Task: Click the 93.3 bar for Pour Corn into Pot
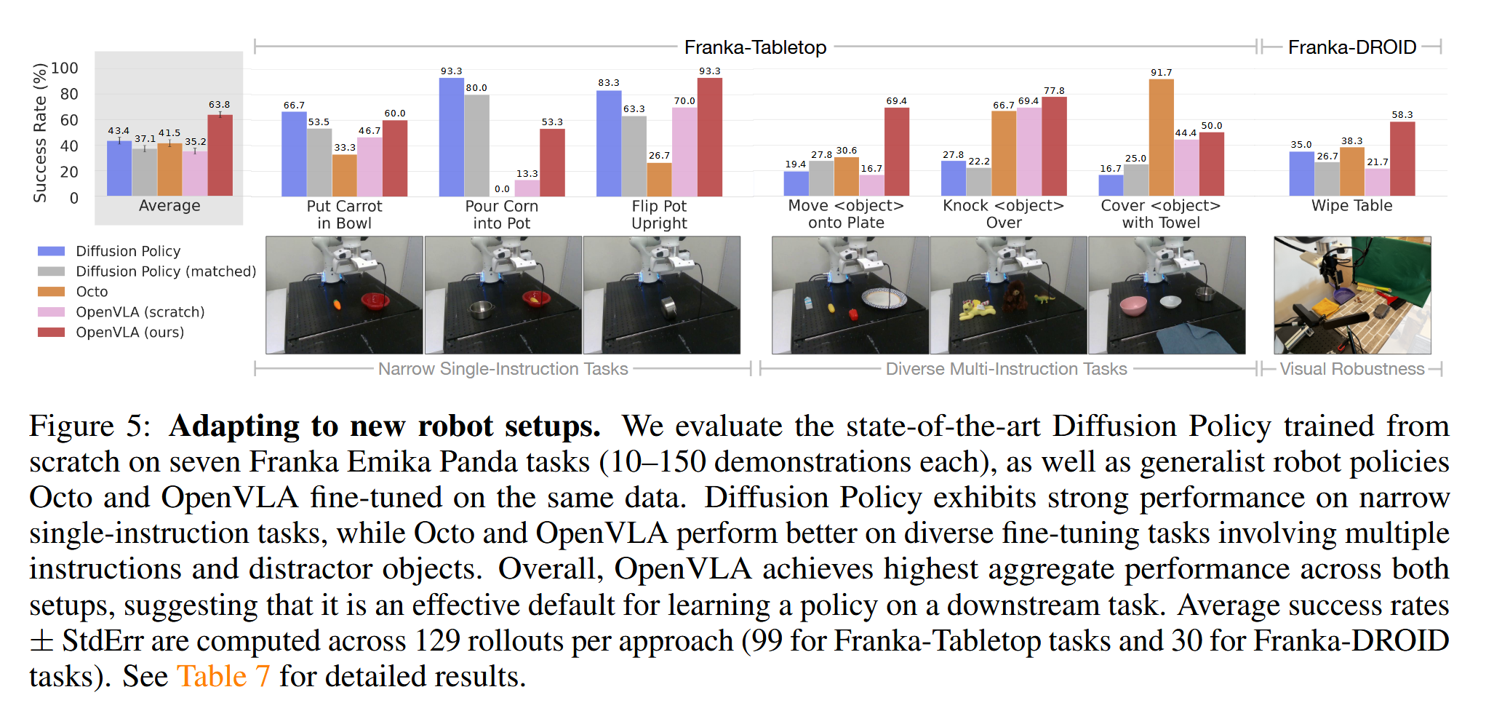pyautogui.click(x=451, y=137)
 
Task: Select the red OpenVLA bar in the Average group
pyautogui.click(x=220, y=155)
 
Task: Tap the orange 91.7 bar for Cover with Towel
pyautogui.click(x=1161, y=138)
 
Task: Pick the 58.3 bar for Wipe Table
pyautogui.click(x=1402, y=159)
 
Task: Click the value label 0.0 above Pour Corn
pyautogui.click(x=502, y=189)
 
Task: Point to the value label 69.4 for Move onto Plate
pyautogui.click(x=896, y=101)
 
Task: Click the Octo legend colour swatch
pyautogui.click(x=51, y=292)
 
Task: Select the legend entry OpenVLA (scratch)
pyautogui.click(x=140, y=312)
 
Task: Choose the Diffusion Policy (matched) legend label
pyautogui.click(x=166, y=271)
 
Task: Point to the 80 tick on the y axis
pyautogui.click(x=69, y=95)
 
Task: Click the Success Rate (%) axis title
pyautogui.click(x=40, y=132)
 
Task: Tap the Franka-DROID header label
pyautogui.click(x=1351, y=47)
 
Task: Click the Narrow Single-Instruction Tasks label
pyautogui.click(x=503, y=369)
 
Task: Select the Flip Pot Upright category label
pyautogui.click(x=659, y=215)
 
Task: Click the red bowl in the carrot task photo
pyautogui.click(x=375, y=300)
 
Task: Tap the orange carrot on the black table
pyautogui.click(x=337, y=303)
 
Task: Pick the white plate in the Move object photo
pyautogui.click(x=884, y=298)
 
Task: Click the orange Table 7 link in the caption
pyautogui.click(x=223, y=676)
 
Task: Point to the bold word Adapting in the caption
pyautogui.click(x=233, y=426)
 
